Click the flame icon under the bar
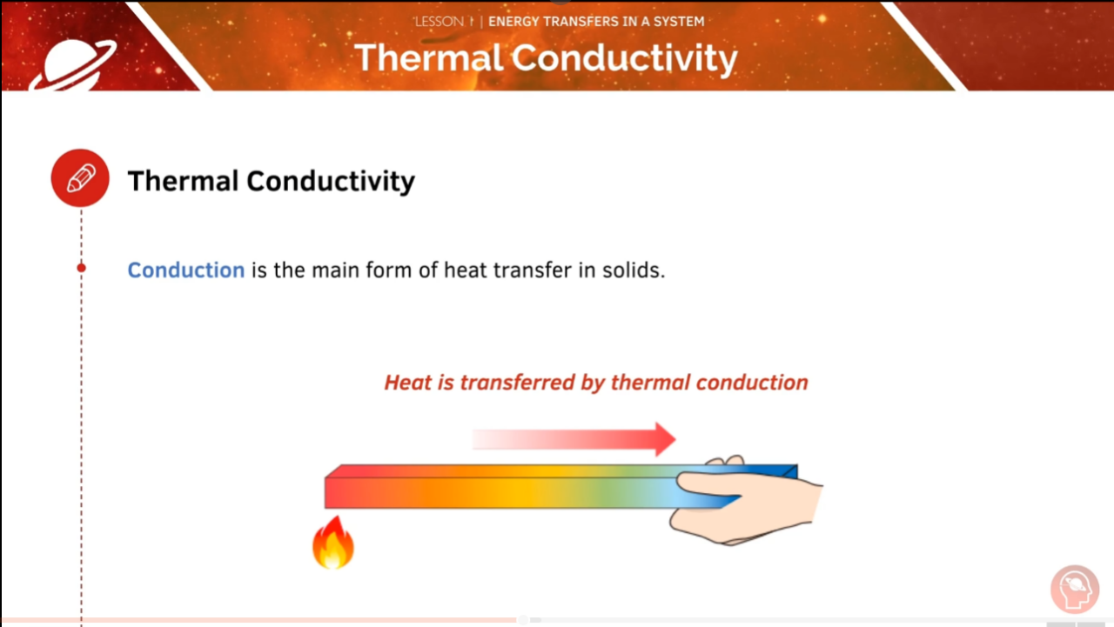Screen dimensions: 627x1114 tap(333, 544)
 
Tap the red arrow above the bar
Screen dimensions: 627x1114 tap(574, 439)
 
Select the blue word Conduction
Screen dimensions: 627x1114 tap(185, 270)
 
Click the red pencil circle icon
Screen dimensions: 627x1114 tap(80, 178)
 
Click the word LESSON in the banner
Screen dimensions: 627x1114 tap(439, 22)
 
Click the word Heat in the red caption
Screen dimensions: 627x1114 tap(406, 383)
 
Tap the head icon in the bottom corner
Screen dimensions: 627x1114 tap(1076, 590)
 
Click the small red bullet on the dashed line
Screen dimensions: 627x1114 tap(81, 268)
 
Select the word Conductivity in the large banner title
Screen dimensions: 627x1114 tap(624, 59)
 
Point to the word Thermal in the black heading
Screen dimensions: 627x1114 tap(183, 181)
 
